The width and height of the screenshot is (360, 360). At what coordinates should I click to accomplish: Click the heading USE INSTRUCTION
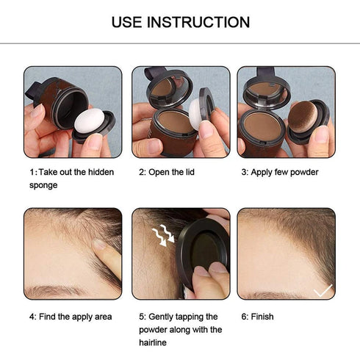pos(180,22)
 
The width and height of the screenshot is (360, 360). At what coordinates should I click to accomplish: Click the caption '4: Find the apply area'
pos(71,317)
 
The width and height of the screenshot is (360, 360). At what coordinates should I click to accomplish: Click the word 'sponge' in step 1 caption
pos(43,185)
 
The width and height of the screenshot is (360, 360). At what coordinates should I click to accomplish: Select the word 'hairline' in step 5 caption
pos(155,342)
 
